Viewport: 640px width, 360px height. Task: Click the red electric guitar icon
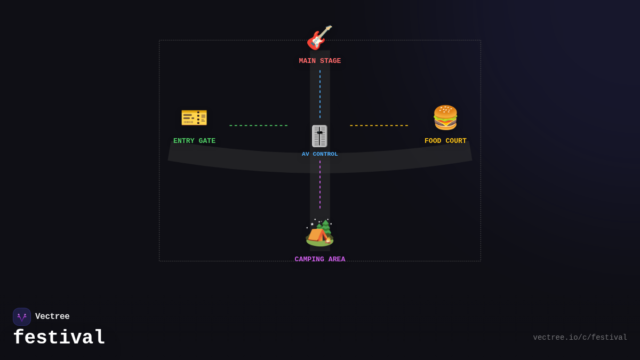point(319,38)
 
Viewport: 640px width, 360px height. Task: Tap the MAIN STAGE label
point(319,61)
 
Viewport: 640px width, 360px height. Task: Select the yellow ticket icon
point(194,118)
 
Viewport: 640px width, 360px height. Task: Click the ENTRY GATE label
point(194,141)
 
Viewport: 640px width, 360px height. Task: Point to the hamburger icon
point(445,118)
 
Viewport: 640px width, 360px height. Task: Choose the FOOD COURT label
point(445,141)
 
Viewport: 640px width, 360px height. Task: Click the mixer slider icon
point(319,136)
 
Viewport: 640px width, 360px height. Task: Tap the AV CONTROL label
point(319,154)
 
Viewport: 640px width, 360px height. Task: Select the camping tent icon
point(319,233)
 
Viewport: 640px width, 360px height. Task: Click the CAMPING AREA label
point(319,259)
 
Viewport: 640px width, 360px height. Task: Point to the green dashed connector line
point(259,125)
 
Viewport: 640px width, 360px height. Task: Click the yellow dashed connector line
point(379,125)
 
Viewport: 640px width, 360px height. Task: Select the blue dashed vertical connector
point(320,94)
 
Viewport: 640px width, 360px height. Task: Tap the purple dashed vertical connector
point(320,185)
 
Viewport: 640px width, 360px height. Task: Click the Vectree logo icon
point(22,317)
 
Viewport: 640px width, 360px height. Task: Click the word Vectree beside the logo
point(52,316)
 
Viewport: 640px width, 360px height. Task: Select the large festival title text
point(59,337)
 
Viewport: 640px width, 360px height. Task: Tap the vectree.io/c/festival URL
point(580,338)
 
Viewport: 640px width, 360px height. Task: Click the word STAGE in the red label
point(330,61)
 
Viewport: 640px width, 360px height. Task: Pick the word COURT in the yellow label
point(456,141)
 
